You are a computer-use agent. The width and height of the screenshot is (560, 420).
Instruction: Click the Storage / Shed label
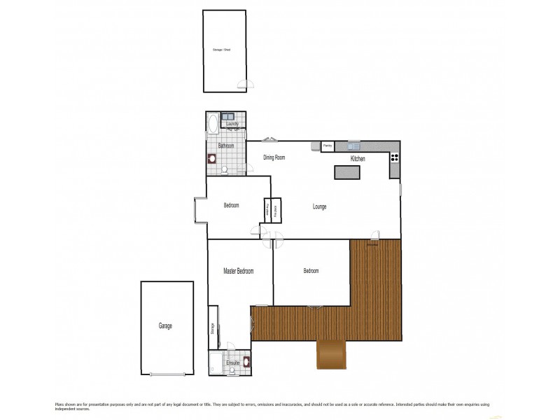(222, 50)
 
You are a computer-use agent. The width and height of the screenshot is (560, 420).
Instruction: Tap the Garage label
(165, 326)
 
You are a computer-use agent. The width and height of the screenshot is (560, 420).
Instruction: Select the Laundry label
(233, 124)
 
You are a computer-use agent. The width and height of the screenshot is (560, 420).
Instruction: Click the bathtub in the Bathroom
(212, 125)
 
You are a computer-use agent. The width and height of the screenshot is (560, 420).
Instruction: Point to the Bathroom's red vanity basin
(211, 158)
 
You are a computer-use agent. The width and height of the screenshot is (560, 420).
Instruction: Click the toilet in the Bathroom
(225, 169)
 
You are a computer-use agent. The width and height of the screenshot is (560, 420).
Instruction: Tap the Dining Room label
(274, 158)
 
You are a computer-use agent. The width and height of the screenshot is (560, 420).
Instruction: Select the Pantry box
(327, 146)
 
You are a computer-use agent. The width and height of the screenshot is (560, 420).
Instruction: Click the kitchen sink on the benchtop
(353, 146)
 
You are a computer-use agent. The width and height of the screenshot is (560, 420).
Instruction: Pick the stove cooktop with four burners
(395, 157)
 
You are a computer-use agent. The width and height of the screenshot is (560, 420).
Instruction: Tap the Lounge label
(319, 207)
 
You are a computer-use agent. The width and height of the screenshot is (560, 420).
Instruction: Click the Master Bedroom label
(238, 271)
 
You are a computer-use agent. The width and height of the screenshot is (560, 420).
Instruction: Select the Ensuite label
(232, 363)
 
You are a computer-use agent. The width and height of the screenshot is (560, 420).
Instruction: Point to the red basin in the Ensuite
(246, 362)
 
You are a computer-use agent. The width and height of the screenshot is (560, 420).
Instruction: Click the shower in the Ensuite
(215, 363)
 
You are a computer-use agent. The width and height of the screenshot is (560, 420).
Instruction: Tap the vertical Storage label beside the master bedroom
(212, 328)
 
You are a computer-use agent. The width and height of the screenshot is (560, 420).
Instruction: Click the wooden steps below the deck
(332, 355)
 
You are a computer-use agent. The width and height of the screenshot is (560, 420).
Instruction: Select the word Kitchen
(358, 160)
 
